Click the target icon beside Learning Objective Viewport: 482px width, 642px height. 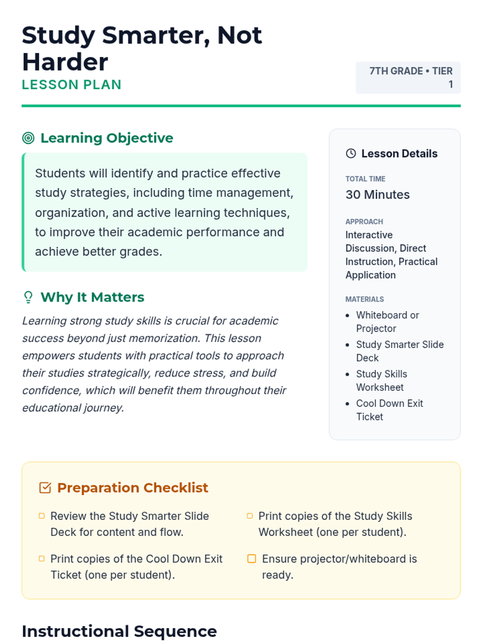[28, 138]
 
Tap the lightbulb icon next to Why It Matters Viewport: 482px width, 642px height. [28, 297]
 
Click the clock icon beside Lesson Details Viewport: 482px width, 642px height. [351, 153]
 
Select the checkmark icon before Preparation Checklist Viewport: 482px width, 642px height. [45, 488]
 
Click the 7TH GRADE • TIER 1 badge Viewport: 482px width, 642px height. [408, 77]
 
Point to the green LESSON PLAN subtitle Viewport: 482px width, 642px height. [71, 85]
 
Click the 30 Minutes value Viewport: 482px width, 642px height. [378, 195]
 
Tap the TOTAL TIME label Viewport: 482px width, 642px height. [365, 179]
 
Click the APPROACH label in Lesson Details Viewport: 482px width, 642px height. [364, 221]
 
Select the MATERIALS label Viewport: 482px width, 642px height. [364, 299]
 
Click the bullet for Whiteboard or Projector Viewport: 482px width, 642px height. [347, 315]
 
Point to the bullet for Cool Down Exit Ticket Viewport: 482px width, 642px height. [347, 404]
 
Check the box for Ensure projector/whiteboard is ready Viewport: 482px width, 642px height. [252, 559]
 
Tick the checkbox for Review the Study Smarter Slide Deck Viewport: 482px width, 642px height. [42, 516]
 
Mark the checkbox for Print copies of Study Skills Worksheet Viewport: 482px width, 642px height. [250, 516]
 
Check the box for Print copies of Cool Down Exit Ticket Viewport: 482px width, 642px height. [42, 559]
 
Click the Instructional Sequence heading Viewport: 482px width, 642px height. [119, 631]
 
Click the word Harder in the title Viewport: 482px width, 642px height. [65, 62]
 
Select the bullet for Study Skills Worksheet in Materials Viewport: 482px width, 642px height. [347, 374]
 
